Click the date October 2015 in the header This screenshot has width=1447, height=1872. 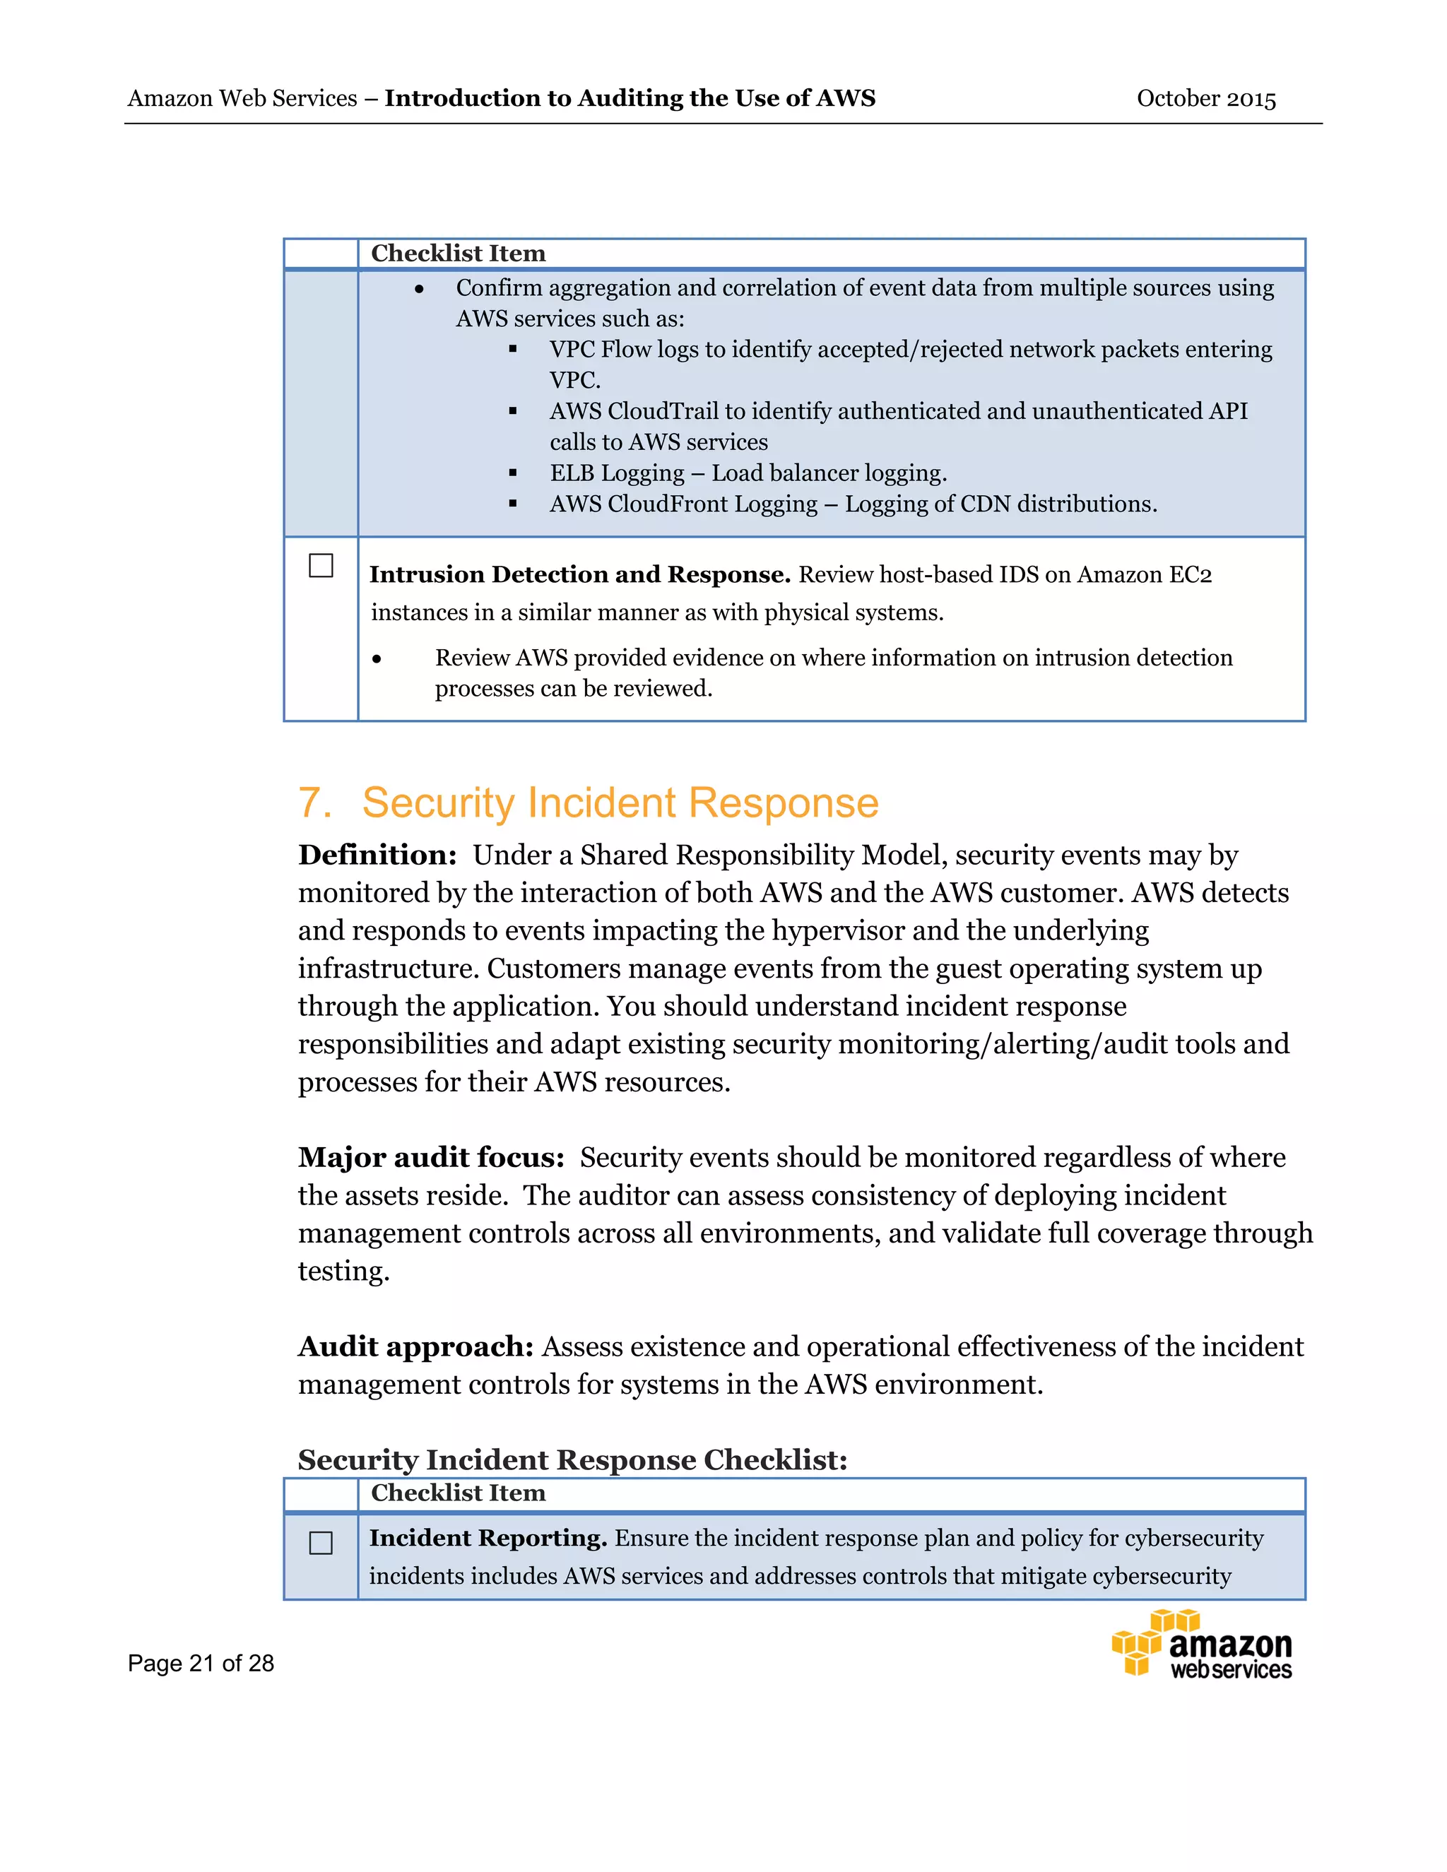(1205, 99)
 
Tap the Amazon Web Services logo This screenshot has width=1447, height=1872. (1201, 1644)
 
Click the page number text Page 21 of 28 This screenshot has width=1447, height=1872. (201, 1664)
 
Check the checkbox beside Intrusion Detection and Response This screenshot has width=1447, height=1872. (321, 566)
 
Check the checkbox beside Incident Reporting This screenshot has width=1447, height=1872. (321, 1543)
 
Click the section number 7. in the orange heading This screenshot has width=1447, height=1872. (314, 803)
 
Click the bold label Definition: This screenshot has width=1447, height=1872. (377, 855)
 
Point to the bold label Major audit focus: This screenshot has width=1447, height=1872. (431, 1158)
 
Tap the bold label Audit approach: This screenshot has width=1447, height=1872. (415, 1346)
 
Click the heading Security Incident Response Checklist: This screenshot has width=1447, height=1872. (572, 1459)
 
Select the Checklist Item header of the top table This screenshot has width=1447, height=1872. (458, 254)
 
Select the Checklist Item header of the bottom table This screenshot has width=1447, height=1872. (458, 1493)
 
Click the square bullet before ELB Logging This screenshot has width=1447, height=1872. (513, 473)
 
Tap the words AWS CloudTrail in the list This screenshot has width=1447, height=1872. (634, 411)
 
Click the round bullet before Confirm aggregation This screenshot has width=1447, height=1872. (419, 290)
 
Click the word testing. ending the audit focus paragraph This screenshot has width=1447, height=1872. (343, 1271)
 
